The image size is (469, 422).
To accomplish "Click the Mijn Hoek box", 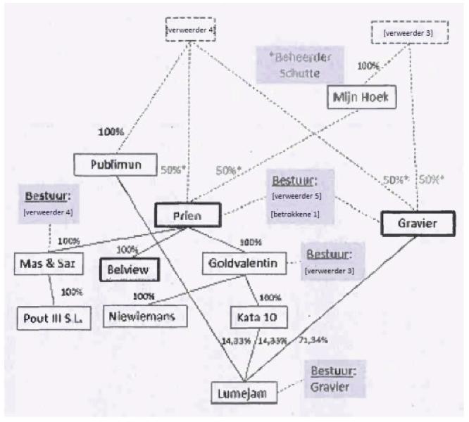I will (x=358, y=98).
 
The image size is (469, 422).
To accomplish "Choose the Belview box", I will (x=130, y=268).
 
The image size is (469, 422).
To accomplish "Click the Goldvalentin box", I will (x=244, y=263).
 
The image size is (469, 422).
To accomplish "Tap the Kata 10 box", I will (x=258, y=318).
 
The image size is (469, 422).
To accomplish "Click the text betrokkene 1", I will (x=295, y=213).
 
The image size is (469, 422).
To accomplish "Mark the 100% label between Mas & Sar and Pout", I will (x=71, y=292).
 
